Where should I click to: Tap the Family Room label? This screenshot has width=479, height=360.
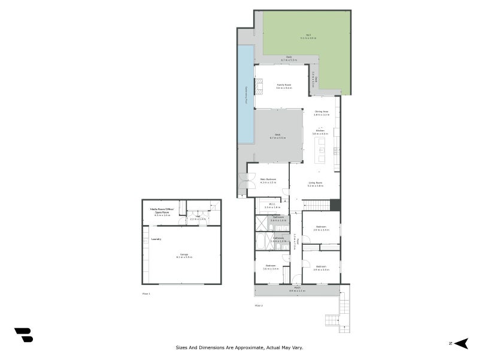[284, 86]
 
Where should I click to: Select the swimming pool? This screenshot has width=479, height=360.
[245, 95]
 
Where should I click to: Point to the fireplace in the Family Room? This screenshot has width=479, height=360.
[259, 88]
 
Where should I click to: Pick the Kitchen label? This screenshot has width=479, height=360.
[320, 131]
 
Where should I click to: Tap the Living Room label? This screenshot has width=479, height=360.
[316, 184]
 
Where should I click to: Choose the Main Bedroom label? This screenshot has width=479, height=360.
[268, 179]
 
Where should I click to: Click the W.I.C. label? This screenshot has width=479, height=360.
[272, 205]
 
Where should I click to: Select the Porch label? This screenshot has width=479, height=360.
[298, 289]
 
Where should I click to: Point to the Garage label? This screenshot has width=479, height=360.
[184, 254]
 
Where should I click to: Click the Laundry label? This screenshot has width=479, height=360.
[157, 239]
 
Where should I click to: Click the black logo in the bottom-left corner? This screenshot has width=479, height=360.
[23, 335]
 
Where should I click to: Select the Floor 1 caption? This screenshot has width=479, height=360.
[146, 294]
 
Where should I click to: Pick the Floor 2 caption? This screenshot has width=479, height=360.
[259, 305]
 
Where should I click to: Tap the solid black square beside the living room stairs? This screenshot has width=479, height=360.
[335, 205]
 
